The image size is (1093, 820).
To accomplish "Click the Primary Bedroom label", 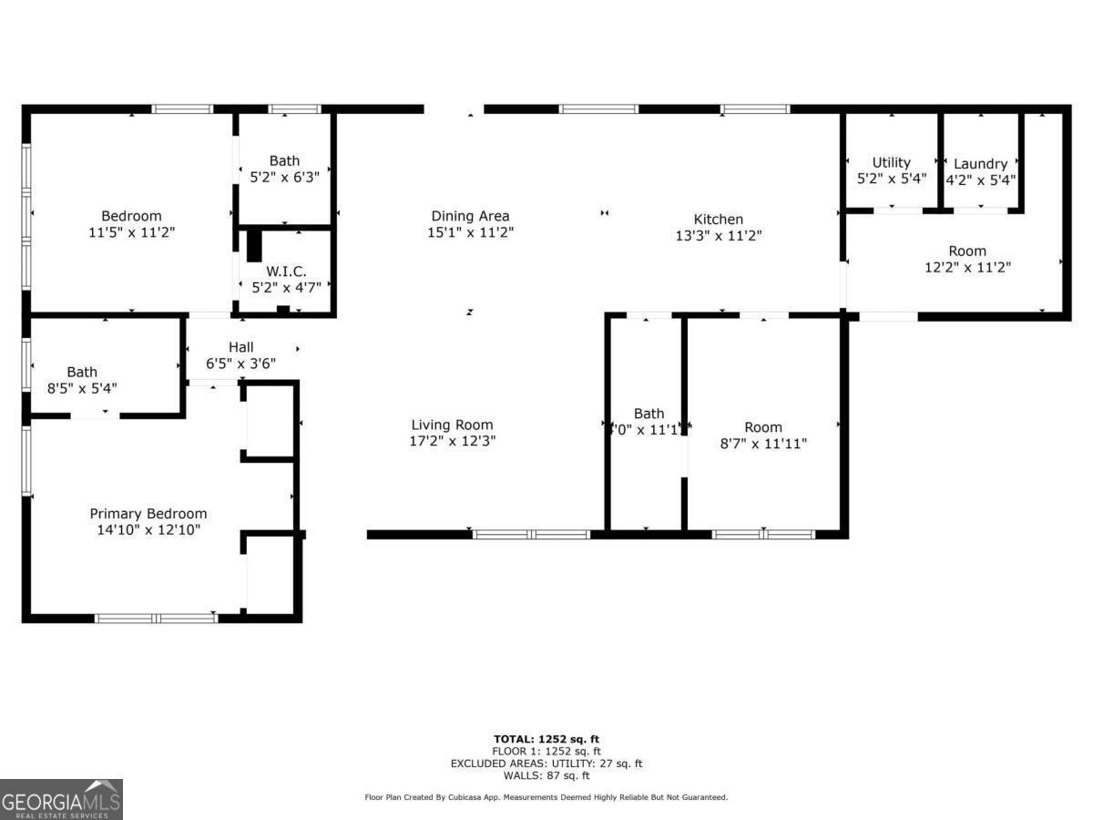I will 148,514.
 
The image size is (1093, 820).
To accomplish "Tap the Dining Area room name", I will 470,216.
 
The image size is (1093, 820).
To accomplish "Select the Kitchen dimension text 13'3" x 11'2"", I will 719,235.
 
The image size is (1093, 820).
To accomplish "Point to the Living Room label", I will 452,425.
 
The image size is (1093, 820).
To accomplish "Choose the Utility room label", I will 891,163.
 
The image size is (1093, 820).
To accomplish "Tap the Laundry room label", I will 980,164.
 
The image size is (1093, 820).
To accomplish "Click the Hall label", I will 241,347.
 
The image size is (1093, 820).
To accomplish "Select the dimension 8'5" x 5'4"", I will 82,388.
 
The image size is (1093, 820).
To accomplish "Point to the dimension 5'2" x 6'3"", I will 284,178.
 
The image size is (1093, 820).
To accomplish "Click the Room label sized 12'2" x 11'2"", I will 967,251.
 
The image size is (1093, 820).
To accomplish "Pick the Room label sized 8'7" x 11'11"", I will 763,427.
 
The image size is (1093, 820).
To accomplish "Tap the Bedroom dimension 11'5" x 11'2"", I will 131,232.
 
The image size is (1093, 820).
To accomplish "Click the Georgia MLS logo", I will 61,799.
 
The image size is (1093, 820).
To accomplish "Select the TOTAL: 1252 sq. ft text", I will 546,739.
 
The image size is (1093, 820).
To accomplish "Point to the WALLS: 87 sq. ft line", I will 546,775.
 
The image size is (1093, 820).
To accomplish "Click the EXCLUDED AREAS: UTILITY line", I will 546,764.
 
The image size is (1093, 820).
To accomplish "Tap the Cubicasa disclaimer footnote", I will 546,797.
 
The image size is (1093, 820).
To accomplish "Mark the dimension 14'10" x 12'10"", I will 148,529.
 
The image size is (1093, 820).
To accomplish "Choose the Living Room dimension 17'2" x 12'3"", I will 452,441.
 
